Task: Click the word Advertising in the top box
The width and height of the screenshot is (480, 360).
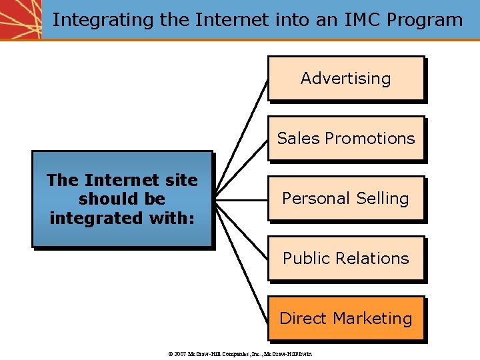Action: (345, 79)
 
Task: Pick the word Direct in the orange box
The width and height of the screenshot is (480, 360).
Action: (301, 319)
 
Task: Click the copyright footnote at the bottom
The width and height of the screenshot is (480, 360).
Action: (241, 353)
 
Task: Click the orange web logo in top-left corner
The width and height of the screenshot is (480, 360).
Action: (20, 19)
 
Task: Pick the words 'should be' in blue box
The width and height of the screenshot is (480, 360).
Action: (122, 199)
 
